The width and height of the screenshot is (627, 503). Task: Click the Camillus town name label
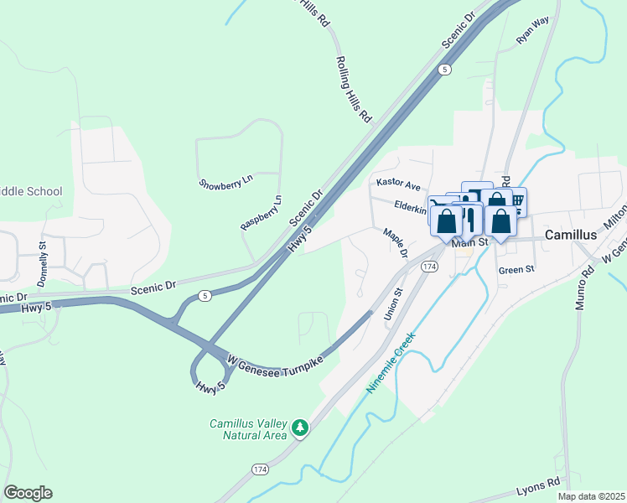click(571, 235)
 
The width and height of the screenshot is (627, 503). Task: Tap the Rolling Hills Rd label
click(353, 91)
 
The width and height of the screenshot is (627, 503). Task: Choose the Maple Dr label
click(395, 243)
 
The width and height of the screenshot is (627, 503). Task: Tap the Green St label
click(516, 270)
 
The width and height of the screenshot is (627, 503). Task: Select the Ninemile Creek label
click(391, 363)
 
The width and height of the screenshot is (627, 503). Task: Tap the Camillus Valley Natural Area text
click(249, 429)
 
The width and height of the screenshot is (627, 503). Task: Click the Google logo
click(28, 493)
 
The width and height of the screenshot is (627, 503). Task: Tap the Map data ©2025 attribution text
click(590, 496)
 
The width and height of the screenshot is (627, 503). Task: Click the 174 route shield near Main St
click(429, 266)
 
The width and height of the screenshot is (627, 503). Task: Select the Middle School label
click(31, 191)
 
